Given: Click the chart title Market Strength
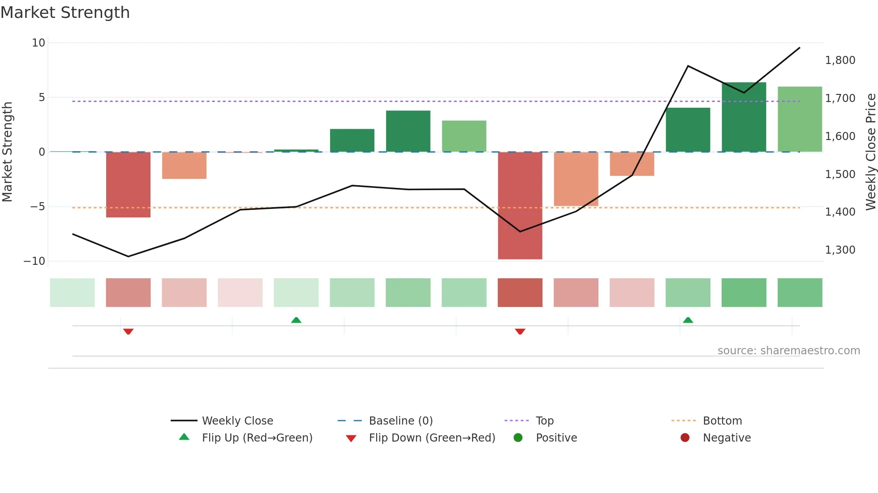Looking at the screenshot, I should coord(65,13).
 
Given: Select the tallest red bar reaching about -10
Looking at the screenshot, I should coord(520,205).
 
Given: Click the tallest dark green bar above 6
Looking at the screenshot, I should coord(744,117).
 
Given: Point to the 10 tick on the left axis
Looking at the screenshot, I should coord(39,43).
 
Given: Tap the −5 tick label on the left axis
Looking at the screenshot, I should coord(38,207).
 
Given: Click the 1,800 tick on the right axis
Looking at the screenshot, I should coord(840,60).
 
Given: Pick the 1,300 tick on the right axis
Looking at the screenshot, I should coord(840,250).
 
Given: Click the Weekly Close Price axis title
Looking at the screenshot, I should coord(870,152).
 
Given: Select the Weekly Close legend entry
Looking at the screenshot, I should coord(237,421).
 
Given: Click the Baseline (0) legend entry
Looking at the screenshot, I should coord(400,421).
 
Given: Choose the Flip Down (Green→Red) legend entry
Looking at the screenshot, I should coord(432,438).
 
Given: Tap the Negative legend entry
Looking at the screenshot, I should coord(726,438).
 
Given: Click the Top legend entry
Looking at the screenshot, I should coord(544,421).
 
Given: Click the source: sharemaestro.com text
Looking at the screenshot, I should coord(788,351).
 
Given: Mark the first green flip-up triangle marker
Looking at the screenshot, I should coord(296,320).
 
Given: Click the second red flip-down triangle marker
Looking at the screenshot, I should coord(520,331).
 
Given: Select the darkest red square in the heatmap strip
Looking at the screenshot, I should coord(520,293).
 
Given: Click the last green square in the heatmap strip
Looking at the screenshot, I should coord(800,293).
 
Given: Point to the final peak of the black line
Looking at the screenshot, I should coord(799,48).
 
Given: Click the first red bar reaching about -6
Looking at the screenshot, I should coord(128,185).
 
